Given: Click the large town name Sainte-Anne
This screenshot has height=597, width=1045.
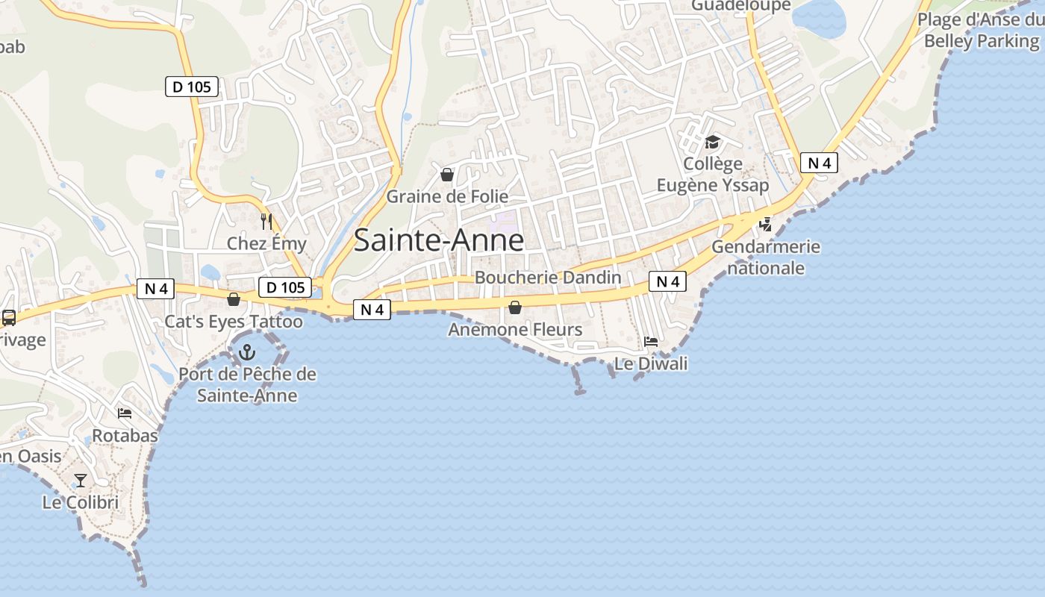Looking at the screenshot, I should point(439,240).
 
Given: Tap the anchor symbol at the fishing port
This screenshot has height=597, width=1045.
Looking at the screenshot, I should point(246,352).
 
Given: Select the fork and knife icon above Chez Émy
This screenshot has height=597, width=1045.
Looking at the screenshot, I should point(266,222).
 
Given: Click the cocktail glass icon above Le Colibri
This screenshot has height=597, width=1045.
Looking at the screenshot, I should point(81,480).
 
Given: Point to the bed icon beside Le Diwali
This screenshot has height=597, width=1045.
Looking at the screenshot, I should point(651,342).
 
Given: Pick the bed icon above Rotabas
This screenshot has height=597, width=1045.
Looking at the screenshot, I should point(125,413).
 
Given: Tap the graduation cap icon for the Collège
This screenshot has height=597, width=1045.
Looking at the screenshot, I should point(713,142).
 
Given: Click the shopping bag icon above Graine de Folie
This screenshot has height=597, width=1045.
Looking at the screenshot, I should point(447,175).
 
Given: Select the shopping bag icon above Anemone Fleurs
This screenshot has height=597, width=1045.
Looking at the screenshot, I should point(515,307).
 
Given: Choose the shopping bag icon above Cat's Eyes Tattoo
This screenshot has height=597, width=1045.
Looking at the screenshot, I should point(234,299).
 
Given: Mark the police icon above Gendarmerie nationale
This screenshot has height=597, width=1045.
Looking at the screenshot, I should point(766,224).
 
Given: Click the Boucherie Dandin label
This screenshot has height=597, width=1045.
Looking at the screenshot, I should point(548,278).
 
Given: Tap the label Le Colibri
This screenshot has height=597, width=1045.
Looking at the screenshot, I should point(81,502).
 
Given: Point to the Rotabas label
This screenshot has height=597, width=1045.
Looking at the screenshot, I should point(125,435).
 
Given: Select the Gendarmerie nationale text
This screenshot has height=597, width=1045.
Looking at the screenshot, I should point(766,257).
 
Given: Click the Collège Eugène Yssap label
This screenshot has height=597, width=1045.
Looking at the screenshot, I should point(713,175).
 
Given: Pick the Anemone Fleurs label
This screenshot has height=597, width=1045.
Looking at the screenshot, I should point(515,329).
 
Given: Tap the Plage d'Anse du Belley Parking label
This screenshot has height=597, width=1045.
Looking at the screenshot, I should point(981,31).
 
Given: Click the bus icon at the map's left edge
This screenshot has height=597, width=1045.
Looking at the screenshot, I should point(9,318).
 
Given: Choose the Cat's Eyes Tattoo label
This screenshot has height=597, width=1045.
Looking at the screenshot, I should point(234,322).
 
